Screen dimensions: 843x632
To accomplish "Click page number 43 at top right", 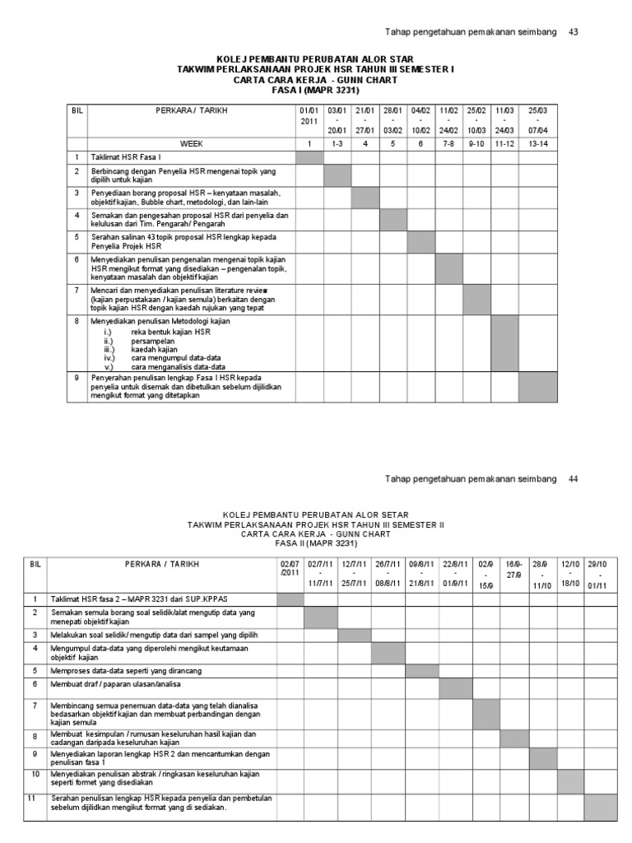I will click(x=574, y=32).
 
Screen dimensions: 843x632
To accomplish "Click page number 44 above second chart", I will click(x=574, y=478).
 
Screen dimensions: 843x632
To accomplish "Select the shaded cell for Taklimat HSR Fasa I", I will click(x=309, y=157).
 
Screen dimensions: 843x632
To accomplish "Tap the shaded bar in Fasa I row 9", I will click(x=537, y=385).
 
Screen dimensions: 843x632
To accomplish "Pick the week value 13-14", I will click(x=537, y=143).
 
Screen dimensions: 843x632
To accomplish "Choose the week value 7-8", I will click(x=448, y=143).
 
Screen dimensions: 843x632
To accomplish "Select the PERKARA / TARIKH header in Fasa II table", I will click(x=162, y=564).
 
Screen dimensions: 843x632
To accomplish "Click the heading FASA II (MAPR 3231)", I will click(x=315, y=543).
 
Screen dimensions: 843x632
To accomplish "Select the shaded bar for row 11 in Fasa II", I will click(x=600, y=808).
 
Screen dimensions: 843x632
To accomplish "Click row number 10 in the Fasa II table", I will click(x=35, y=775).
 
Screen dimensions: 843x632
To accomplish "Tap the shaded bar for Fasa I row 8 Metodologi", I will click(x=504, y=343).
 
